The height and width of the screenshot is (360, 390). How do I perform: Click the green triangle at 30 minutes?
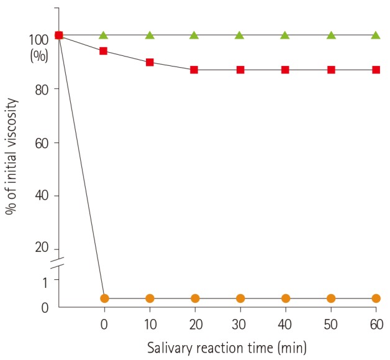240,35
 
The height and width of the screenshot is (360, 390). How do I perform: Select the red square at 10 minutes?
150,62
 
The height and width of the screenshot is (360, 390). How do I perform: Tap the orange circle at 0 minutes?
104,298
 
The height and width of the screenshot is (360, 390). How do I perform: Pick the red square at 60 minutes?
376,70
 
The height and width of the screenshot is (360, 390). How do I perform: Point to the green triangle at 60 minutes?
376,35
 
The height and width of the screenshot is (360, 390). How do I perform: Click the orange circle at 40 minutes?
285,298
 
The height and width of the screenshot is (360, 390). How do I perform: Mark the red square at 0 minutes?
104,50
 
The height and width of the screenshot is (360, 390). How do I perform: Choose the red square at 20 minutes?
194,70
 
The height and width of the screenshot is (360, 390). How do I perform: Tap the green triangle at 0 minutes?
104,35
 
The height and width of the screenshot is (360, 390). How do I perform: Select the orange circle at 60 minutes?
376,298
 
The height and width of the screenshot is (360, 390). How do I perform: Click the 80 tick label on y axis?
41,89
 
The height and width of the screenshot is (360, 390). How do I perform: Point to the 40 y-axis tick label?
41,196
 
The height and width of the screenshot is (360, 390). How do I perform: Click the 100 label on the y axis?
38,40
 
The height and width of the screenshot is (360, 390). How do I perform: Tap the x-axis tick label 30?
240,324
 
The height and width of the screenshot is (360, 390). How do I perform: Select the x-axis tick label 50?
330,324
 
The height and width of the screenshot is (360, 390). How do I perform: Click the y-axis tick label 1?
45,282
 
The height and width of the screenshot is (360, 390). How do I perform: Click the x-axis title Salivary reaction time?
227,346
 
